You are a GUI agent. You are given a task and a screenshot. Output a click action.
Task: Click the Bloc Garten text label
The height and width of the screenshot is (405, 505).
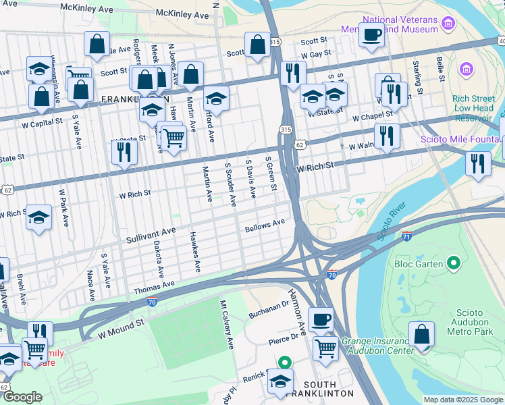coord(419,263)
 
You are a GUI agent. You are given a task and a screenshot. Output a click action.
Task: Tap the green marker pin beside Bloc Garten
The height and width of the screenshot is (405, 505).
coord(454,263)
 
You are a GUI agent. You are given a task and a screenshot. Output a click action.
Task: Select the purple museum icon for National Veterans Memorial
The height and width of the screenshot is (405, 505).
coord(447,25)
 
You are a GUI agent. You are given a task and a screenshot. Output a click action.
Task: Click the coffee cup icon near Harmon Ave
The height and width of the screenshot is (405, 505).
coord(321,319)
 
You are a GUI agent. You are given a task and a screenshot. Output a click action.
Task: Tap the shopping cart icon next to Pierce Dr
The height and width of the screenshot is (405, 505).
coord(325,348)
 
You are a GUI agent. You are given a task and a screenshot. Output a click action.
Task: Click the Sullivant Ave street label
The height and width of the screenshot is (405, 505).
coord(151,236)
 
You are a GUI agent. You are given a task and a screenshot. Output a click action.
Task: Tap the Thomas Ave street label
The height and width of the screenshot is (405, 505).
coord(154,287)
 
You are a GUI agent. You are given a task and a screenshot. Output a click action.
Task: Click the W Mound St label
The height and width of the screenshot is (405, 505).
coord(122,329)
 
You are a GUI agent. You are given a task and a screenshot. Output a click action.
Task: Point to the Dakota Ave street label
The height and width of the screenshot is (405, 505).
coord(158,259)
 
